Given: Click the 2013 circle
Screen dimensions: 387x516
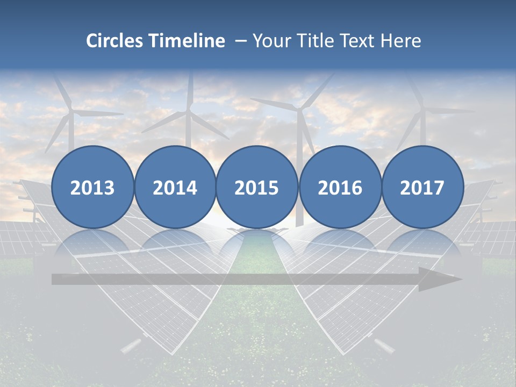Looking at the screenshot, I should tap(92, 187).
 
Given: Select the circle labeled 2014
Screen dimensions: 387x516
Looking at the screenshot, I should tap(175, 187).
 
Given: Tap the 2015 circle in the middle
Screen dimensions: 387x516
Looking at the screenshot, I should tap(257, 187).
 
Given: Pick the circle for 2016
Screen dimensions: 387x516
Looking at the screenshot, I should tap(340, 187).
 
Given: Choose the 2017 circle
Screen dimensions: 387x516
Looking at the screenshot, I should tap(422, 187).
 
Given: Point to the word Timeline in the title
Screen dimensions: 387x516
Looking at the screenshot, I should tap(188, 41).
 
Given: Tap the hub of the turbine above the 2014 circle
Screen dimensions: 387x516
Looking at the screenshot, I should tap(189, 112).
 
